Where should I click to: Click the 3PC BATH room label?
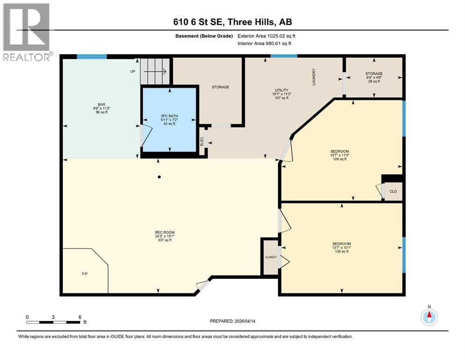click(170, 116)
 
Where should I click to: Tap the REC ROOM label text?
click(164, 232)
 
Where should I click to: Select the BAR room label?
click(102, 105)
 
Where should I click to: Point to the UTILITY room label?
click(281, 90)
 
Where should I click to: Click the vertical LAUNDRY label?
click(314, 77)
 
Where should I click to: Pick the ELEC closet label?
click(202, 141)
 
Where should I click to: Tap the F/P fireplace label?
click(84, 274)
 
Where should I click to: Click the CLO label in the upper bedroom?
click(393, 191)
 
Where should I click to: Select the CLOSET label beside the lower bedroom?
click(271, 257)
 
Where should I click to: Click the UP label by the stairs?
click(133, 71)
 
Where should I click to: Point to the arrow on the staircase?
click(155, 71)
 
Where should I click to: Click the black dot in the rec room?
click(159, 177)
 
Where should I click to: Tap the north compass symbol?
click(429, 317)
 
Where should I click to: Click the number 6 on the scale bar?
click(80, 317)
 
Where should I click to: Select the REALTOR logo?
click(27, 32)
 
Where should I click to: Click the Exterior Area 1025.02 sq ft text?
click(266, 36)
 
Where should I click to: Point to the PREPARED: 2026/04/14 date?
click(232, 321)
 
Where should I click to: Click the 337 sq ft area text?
click(164, 240)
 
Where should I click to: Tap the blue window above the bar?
click(92, 57)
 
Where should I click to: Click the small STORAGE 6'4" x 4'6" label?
click(374, 77)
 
